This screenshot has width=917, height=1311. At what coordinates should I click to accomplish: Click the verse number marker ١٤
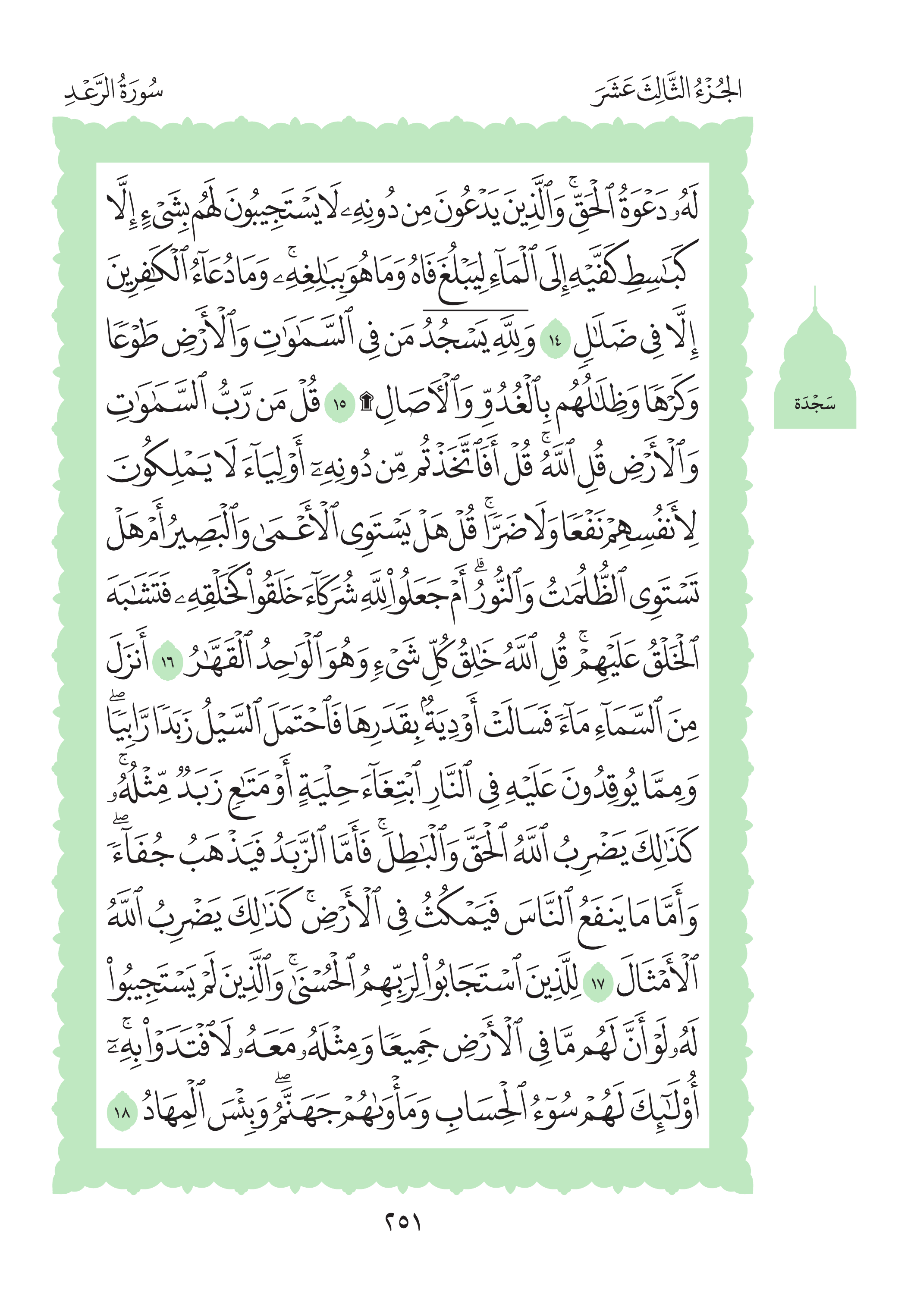555,342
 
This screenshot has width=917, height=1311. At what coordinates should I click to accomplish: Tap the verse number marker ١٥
340,405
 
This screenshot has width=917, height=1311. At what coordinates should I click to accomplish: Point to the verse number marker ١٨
122,1112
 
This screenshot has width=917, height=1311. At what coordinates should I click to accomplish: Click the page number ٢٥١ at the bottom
402,1222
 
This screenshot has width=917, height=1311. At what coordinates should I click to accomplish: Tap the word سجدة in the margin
815,405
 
